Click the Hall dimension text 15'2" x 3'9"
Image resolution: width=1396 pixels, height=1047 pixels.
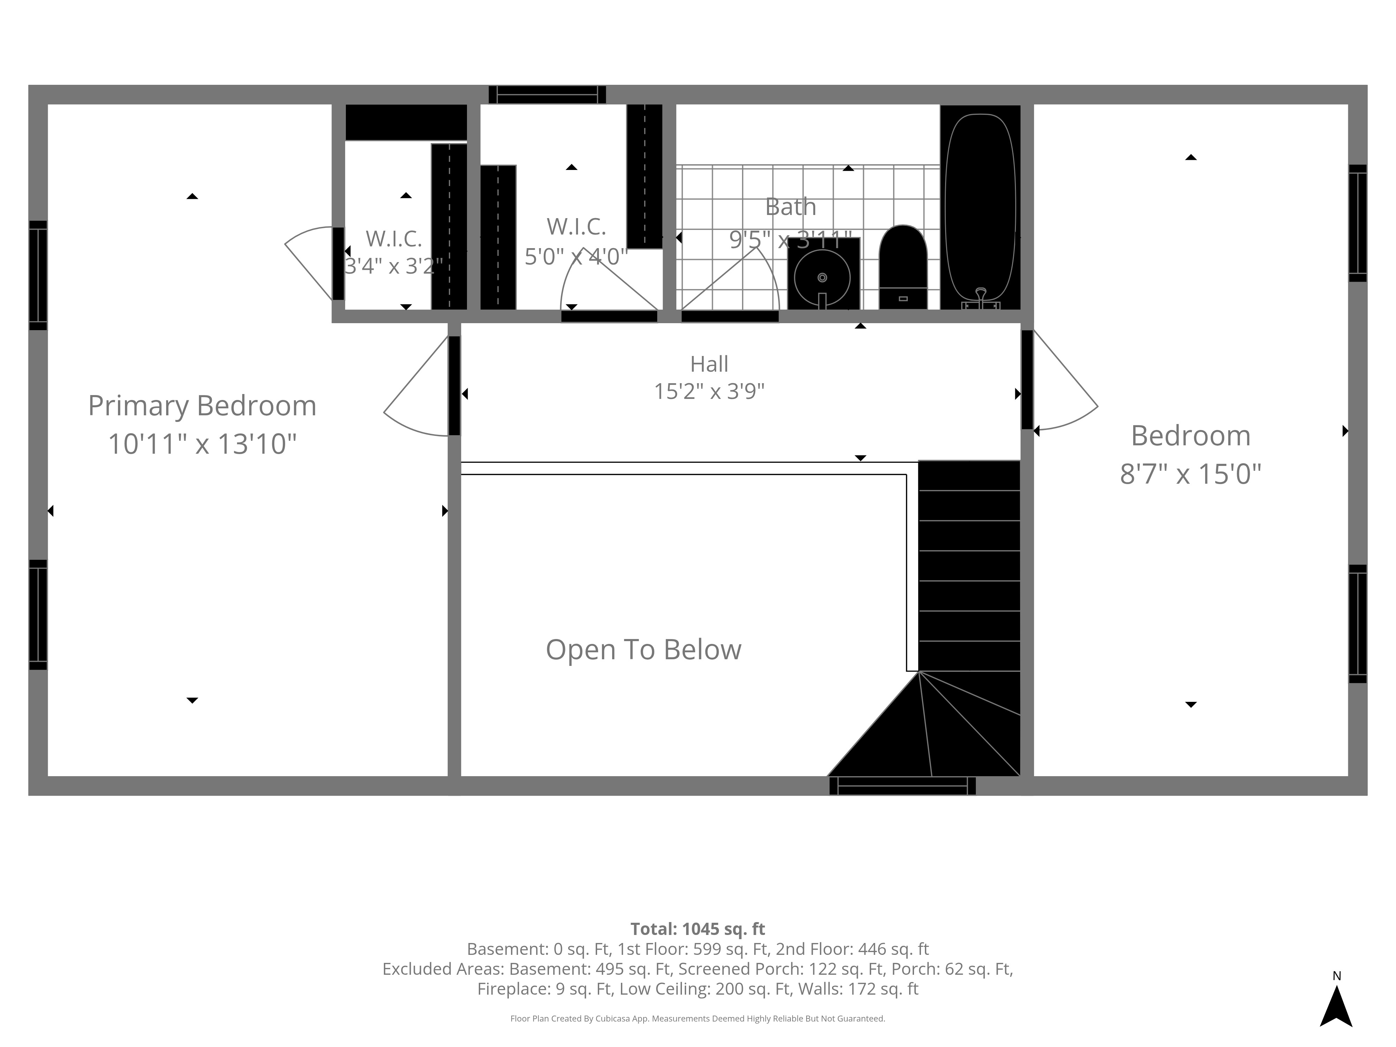pos(710,391)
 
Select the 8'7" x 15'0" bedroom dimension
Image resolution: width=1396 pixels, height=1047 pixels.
pos(1190,474)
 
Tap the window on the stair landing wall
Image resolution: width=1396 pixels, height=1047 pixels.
pos(903,786)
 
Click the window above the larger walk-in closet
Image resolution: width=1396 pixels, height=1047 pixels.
pos(547,95)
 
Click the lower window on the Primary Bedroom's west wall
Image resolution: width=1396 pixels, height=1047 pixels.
pos(38,615)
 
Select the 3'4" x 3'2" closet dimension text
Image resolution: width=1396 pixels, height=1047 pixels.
pos(393,266)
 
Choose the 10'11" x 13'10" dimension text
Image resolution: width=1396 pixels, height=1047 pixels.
pos(202,444)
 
